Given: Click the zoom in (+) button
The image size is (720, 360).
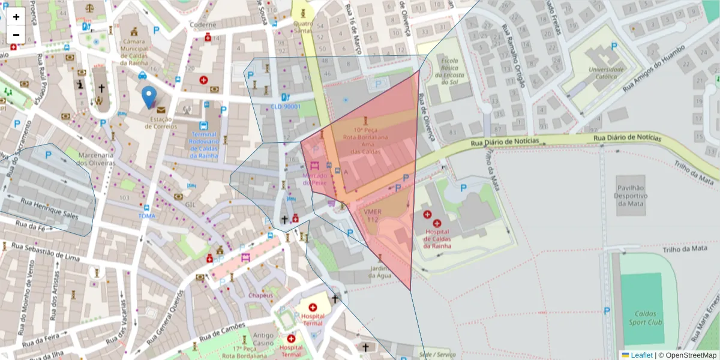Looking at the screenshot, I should coord(16,17).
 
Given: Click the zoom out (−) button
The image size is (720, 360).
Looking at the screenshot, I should coord(16,35).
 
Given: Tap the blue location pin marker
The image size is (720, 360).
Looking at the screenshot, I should coord(149,97).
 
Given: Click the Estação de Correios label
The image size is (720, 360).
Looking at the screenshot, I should coord(161,123).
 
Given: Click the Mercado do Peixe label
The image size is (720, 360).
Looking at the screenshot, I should coord(314,179).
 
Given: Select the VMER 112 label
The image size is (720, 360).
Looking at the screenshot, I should coord(372,216).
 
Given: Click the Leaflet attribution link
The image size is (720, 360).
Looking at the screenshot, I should coord(641,355).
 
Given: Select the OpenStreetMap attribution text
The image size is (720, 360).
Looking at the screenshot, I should coord(691,355).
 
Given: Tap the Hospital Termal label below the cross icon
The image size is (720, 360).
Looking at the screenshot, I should coord(313,320).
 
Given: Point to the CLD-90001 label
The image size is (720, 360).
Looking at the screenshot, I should coord(285,107).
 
